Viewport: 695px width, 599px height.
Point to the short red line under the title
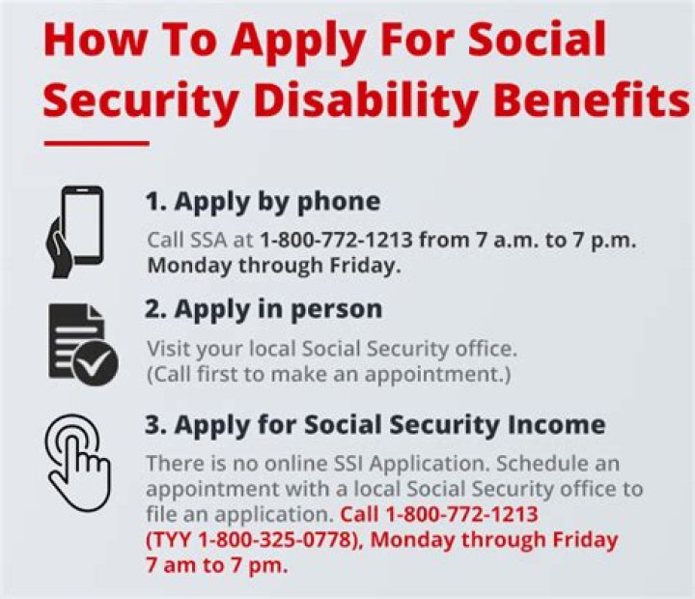coord(97,144)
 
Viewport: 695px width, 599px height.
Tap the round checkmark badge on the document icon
coord(97,364)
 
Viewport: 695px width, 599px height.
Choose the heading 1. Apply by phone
coord(263,201)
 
